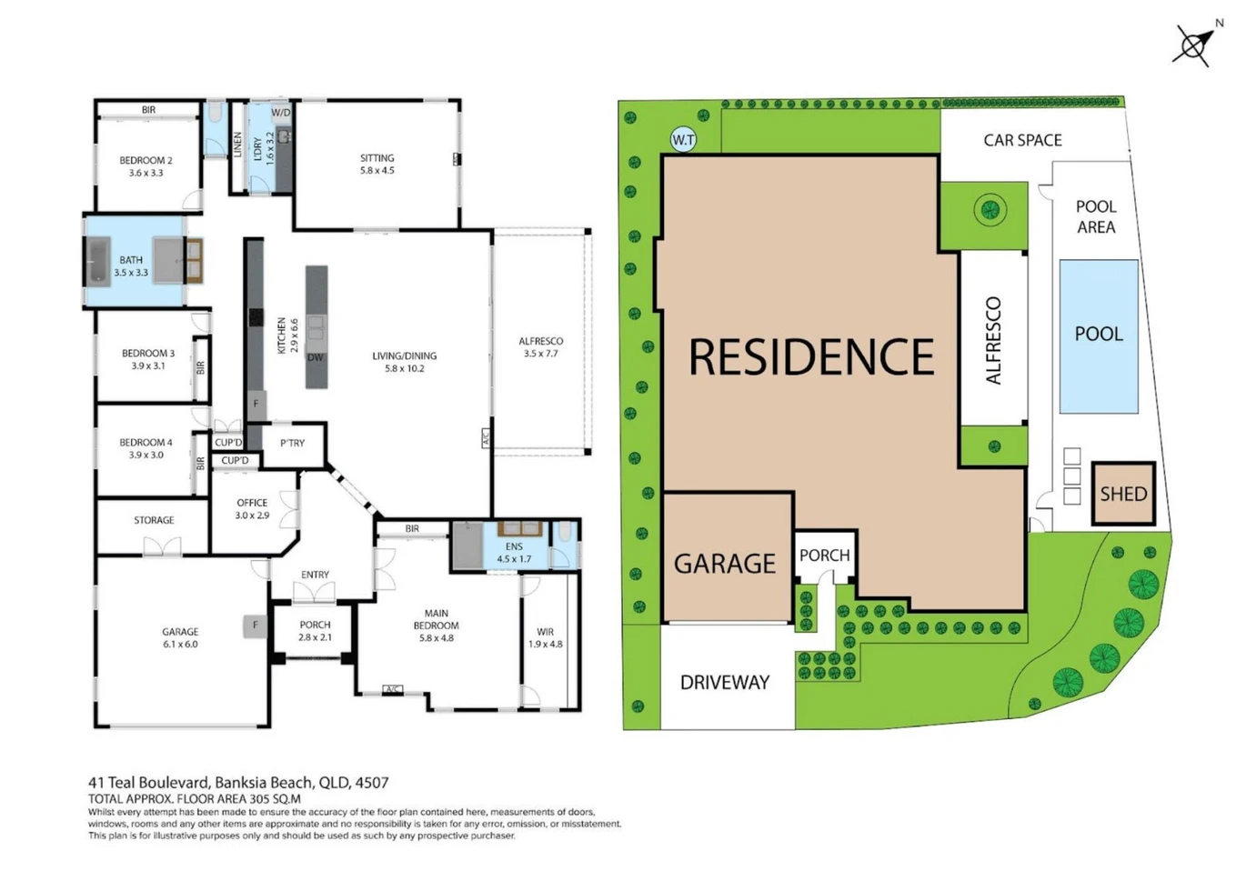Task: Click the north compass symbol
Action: [1194, 45]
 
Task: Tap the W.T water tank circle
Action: [683, 140]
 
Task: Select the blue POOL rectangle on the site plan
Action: [1099, 336]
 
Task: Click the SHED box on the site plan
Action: [1123, 494]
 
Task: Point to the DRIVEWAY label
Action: [725, 682]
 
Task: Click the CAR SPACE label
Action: [1022, 140]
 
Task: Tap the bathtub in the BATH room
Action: [98, 262]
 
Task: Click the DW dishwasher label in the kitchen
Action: [316, 357]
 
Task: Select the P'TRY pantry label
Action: [292, 443]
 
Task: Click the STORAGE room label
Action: [154, 520]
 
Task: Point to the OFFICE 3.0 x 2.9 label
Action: [252, 509]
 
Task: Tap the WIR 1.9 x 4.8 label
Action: [545, 638]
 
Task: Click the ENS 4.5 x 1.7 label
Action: [514, 553]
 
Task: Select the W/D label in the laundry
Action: [281, 113]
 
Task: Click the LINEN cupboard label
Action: [237, 144]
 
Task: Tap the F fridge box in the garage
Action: [256, 626]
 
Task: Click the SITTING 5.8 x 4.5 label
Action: [377, 164]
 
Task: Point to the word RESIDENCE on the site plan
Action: [811, 357]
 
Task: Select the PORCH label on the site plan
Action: [824, 556]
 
